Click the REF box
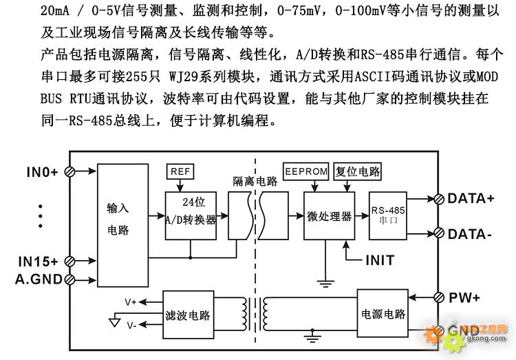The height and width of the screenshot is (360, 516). (180, 171)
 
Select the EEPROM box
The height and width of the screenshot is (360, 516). (306, 171)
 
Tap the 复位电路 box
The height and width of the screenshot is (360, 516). (357, 171)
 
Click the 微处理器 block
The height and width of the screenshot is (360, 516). (329, 215)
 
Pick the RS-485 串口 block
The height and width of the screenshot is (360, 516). (388, 215)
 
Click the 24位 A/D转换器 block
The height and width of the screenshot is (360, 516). (191, 215)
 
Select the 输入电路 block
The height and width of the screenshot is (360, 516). (122, 225)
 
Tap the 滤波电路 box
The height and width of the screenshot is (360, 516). (189, 315)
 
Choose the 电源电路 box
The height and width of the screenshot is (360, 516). (383, 313)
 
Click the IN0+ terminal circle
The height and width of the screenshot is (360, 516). (69, 171)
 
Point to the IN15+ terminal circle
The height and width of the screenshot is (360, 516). (69, 262)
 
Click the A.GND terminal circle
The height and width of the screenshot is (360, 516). (69, 279)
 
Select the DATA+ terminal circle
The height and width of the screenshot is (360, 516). (439, 199)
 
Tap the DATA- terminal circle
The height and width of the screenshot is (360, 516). (439, 233)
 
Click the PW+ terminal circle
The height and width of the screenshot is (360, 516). (439, 297)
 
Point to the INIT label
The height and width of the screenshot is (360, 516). (380, 260)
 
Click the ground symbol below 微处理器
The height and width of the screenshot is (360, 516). (325, 284)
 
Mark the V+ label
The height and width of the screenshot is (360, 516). (131, 301)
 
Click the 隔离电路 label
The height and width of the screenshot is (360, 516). (255, 181)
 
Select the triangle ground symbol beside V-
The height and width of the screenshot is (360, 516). (114, 321)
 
